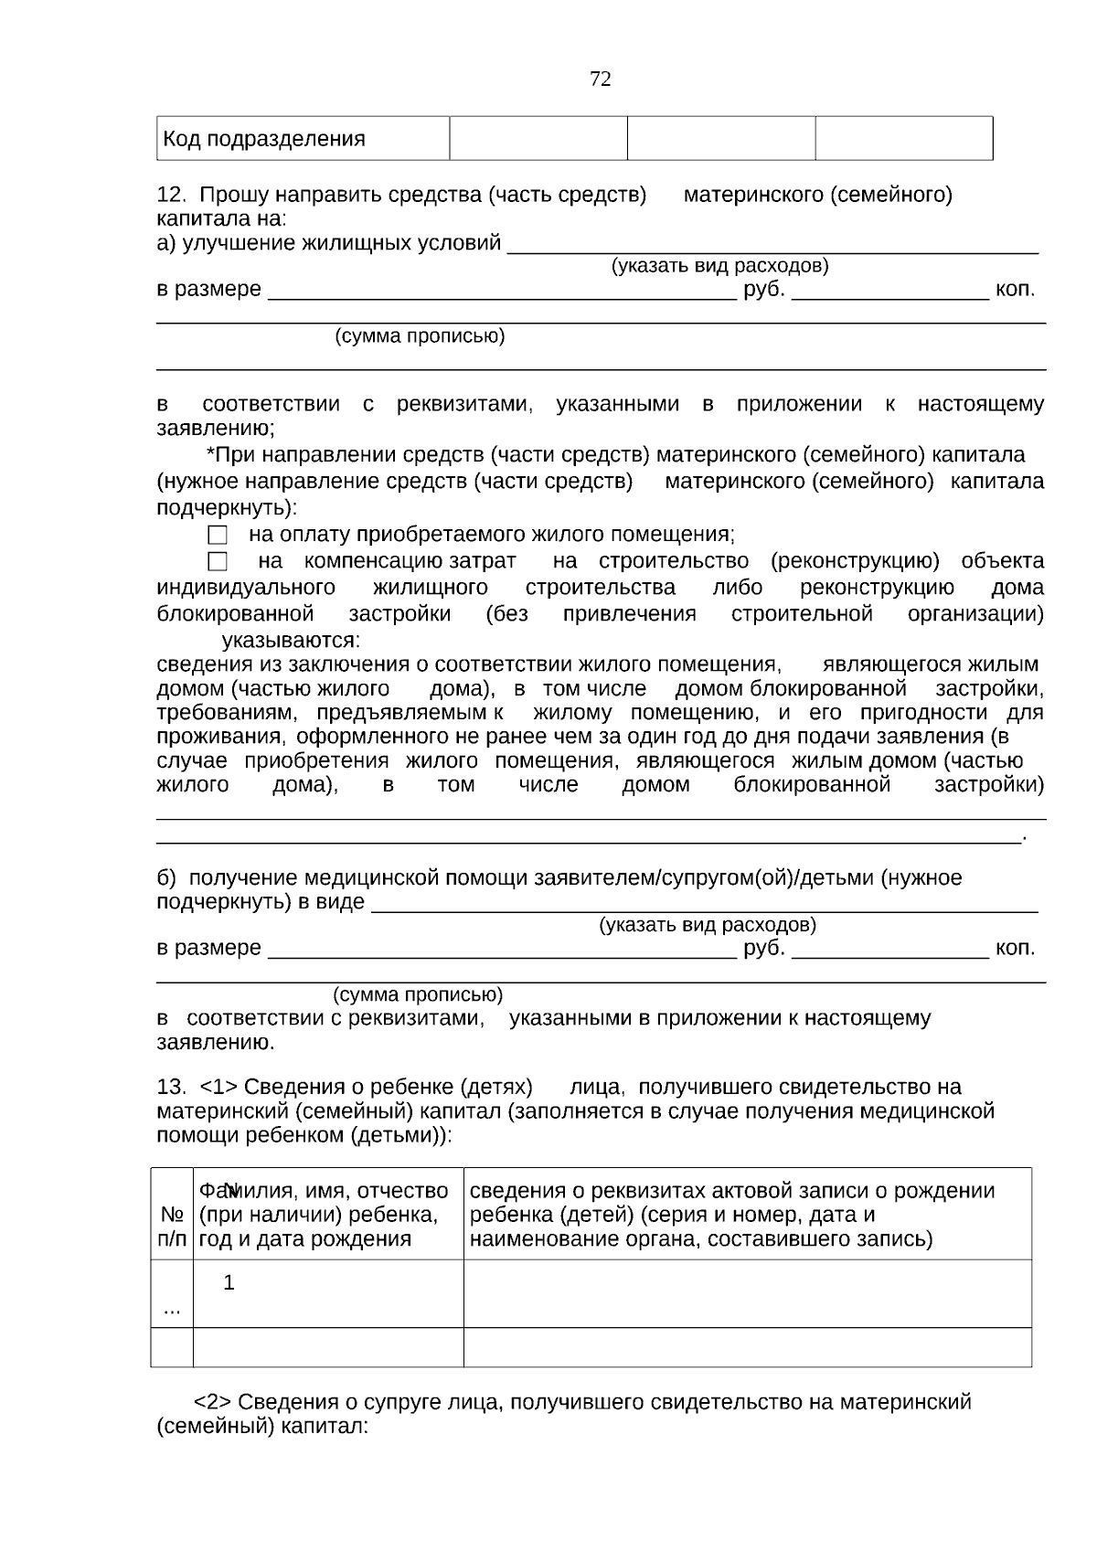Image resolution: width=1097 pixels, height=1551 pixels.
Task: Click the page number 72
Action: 601,80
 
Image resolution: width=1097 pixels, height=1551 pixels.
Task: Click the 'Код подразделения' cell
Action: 264,139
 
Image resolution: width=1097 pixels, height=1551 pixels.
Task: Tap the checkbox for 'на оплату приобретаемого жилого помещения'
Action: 218,536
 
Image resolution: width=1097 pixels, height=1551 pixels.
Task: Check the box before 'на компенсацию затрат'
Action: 218,561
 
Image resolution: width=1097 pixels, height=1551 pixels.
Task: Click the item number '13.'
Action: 171,1087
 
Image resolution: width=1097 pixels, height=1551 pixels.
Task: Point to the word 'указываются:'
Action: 291,639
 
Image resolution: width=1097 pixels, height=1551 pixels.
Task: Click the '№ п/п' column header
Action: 172,1227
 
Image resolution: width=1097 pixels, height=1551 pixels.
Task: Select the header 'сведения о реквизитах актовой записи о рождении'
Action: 731,1191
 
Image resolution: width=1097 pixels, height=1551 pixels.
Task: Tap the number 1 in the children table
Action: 229,1282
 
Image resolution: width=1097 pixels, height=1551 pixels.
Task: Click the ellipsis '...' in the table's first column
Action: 171,1311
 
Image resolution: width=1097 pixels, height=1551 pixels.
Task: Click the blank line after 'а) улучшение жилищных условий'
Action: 772,245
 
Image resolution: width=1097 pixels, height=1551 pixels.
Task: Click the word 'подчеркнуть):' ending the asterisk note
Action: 227,507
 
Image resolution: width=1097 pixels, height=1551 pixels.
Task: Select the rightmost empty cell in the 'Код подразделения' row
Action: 903,139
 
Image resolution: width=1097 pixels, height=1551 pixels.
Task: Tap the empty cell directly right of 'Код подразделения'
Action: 538,139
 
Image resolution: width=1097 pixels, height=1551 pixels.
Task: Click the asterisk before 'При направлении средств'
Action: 210,454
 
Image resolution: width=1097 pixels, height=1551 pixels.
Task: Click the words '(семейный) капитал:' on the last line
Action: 262,1426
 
